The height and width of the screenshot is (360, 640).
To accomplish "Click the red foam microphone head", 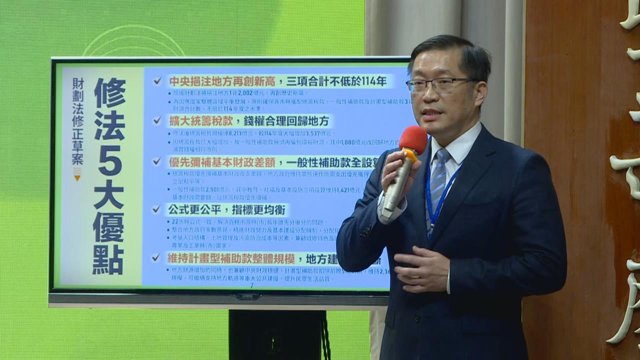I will [x=413, y=139].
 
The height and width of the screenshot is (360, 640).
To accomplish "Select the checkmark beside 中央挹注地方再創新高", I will [x=157, y=81].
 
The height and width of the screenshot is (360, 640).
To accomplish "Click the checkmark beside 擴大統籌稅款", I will [x=157, y=120].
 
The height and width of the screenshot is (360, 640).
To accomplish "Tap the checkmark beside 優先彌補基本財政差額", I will [x=157, y=161].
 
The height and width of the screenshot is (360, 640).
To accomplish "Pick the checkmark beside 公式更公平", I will [x=157, y=209].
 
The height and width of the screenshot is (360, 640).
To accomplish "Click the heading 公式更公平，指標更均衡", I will [x=228, y=209].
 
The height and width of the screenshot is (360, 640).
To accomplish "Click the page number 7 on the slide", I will [x=251, y=285].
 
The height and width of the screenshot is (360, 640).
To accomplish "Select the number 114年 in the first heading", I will [x=377, y=81].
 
